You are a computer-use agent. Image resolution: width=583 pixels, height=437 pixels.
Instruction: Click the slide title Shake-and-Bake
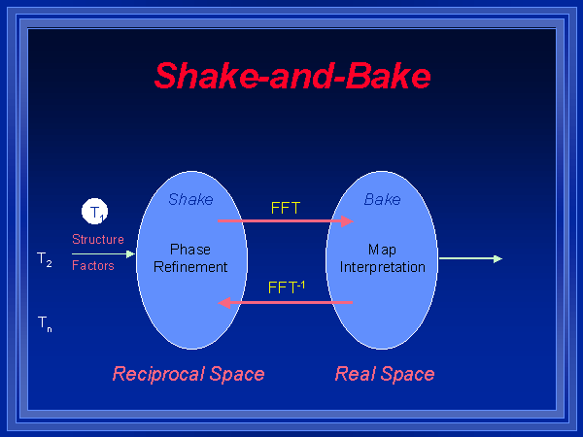pos(292,75)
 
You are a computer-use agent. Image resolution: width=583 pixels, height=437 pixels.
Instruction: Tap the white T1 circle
pos(95,212)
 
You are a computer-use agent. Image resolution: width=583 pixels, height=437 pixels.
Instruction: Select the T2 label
pos(45,259)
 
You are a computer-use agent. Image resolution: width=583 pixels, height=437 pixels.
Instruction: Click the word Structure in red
pos(98,239)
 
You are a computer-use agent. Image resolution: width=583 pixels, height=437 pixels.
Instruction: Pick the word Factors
pos(93,265)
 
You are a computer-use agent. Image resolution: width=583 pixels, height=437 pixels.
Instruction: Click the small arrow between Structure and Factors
pos(103,253)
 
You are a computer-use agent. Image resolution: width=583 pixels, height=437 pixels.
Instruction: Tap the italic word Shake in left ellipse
pos(190,200)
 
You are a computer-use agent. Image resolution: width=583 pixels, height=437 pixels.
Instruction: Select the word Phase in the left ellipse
pos(189,250)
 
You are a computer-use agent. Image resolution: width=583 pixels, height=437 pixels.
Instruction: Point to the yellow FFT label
pos(286,207)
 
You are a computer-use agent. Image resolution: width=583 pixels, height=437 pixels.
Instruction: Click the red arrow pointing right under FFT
pos(285,221)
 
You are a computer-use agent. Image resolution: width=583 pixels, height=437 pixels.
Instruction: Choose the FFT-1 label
pos(287,287)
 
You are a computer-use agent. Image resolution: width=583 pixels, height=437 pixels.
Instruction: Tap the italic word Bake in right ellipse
pos(382,200)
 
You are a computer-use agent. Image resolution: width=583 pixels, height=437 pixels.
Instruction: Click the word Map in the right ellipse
pos(382,250)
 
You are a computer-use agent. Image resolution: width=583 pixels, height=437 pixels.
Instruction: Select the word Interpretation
pos(383,266)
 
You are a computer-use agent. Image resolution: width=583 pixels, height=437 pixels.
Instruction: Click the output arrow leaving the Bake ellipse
pos(470,259)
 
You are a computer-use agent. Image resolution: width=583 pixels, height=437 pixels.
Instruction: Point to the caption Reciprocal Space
pos(189,374)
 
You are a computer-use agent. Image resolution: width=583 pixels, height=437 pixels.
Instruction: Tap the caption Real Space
pos(385,374)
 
